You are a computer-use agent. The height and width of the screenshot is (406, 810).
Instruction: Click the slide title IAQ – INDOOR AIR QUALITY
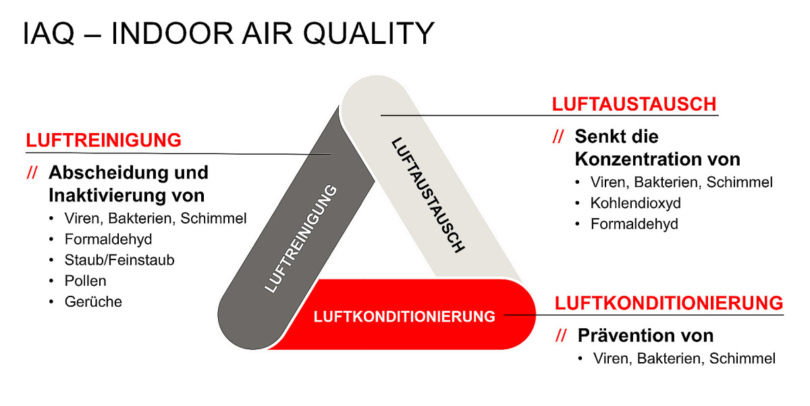[228, 34]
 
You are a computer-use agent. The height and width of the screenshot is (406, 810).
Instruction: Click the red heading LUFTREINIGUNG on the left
[104, 141]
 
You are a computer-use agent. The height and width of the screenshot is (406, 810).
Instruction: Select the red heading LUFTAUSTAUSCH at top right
[634, 105]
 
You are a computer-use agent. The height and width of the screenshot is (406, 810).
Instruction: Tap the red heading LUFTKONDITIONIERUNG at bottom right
[669, 302]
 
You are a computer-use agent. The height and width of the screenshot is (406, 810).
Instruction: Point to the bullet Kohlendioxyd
[635, 203]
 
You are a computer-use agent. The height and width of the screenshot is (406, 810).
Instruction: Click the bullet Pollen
[85, 280]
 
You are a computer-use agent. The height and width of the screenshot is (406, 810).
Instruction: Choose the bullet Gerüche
[93, 302]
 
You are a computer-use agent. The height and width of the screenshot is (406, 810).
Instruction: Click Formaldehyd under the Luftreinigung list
[108, 239]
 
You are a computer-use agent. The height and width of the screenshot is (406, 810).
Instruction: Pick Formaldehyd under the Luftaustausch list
[634, 224]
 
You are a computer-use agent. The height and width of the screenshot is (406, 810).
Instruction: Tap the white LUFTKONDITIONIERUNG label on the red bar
[405, 315]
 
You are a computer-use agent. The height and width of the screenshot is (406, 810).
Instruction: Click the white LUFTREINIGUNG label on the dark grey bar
[301, 238]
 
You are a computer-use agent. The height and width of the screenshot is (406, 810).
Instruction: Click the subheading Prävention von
[645, 336]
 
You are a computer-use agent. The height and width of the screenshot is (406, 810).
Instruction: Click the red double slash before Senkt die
[558, 137]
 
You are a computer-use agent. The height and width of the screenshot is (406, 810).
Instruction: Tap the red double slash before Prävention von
[560, 336]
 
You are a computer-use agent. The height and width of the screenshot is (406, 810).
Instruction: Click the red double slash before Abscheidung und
[32, 173]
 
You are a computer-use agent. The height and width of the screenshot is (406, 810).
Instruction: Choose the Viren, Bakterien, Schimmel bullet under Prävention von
[684, 359]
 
